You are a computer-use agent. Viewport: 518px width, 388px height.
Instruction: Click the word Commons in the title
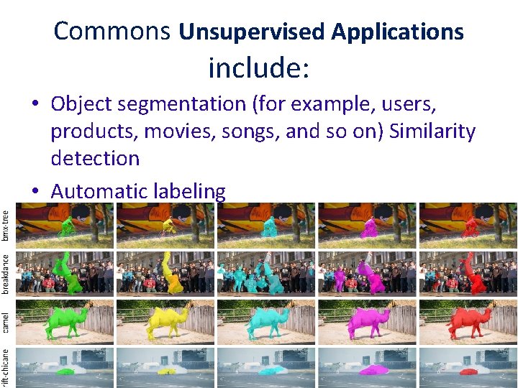112,31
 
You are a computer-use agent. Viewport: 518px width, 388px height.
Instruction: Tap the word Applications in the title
397,32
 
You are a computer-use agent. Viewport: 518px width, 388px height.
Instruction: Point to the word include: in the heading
259,68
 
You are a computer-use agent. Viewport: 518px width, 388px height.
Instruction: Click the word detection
95,159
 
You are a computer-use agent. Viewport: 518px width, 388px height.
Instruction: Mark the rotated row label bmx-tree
6,226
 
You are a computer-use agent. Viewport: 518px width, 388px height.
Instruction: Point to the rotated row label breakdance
6,272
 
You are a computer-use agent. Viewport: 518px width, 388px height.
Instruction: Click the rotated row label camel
6,321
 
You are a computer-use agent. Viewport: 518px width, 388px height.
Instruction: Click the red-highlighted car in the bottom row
471,371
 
